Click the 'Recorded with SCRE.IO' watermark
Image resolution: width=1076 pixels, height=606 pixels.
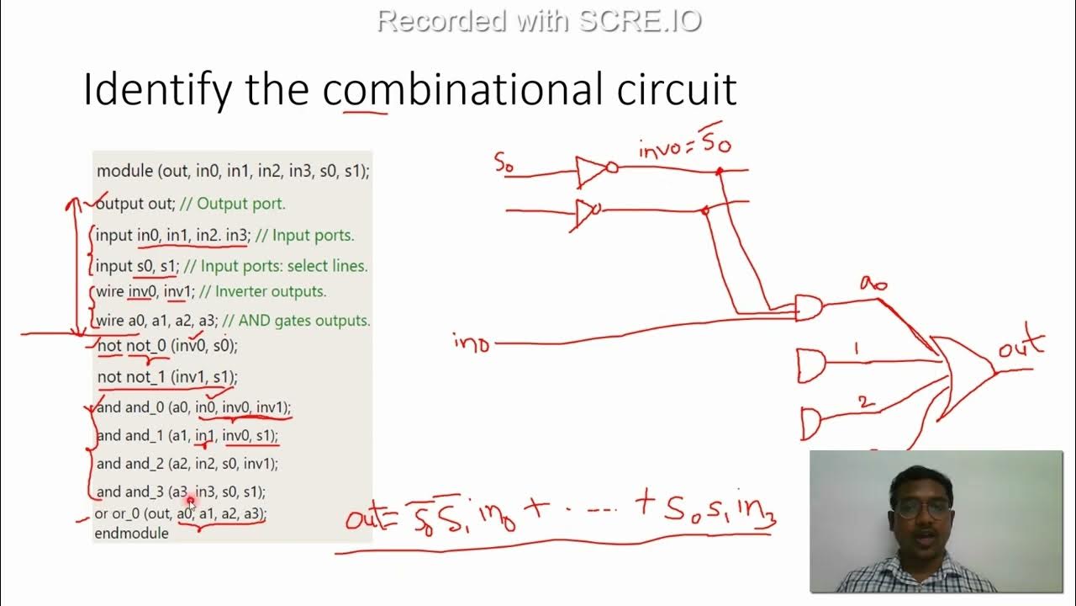(538, 20)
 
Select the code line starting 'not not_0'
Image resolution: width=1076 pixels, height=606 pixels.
(167, 345)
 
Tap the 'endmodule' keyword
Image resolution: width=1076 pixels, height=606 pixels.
(131, 533)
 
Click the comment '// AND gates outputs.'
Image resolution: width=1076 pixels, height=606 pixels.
(298, 321)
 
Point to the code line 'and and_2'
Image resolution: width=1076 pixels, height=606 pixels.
(187, 463)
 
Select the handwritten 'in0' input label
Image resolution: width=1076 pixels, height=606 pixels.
(472, 343)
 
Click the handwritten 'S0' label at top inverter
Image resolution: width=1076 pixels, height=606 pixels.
(504, 163)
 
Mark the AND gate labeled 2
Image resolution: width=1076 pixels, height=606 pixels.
(812, 423)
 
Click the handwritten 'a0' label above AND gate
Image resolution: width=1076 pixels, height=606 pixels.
(873, 284)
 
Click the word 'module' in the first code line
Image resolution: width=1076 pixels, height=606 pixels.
(124, 171)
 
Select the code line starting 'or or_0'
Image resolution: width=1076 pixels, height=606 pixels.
(181, 513)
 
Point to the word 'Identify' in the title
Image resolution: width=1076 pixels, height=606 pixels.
(156, 89)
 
